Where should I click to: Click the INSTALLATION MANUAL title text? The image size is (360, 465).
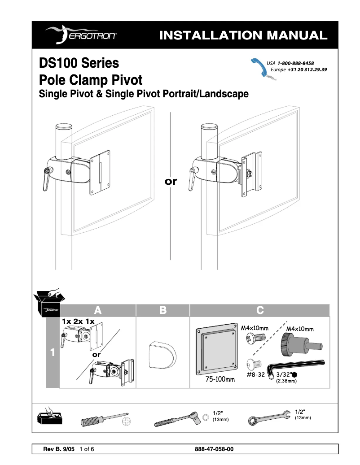pos(243,35)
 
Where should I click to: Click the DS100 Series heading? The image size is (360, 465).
pos(79,63)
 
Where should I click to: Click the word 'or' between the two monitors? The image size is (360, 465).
pos(171,182)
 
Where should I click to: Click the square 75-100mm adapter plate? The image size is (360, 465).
pos(216,349)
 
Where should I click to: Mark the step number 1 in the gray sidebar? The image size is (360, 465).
pos(53,353)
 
